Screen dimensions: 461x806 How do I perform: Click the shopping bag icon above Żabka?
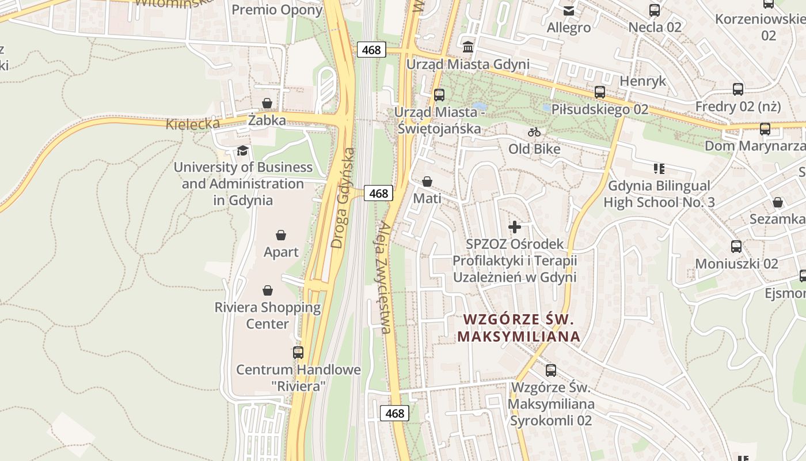[x=267, y=103]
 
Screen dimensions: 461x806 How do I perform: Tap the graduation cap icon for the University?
[x=242, y=151]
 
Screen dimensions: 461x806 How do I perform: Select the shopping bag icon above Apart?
[x=281, y=235]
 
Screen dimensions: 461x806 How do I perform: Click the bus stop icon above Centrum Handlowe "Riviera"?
[x=298, y=352]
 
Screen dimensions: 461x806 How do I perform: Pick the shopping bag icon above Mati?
[x=427, y=182]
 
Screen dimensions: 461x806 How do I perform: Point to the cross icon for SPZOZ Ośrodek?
[x=515, y=227]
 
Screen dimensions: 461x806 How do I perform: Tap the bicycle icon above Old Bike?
[x=534, y=132]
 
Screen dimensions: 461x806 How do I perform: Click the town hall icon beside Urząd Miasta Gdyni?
[x=468, y=47]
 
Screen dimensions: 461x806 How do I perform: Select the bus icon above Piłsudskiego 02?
[x=600, y=92]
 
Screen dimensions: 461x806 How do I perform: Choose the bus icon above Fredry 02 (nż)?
[x=738, y=89]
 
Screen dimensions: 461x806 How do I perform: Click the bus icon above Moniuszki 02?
[x=736, y=247]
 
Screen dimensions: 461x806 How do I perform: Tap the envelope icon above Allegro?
[x=569, y=10]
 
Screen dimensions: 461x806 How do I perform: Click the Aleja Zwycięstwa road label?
[x=383, y=277]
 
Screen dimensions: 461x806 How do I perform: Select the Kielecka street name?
[x=193, y=124]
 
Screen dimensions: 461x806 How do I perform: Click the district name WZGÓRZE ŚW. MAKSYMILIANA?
[x=519, y=328]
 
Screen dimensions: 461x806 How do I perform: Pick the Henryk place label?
[x=643, y=81]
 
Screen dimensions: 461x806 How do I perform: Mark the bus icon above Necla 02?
[x=655, y=10]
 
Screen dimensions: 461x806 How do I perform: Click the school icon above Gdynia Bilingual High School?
[x=659, y=169]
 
